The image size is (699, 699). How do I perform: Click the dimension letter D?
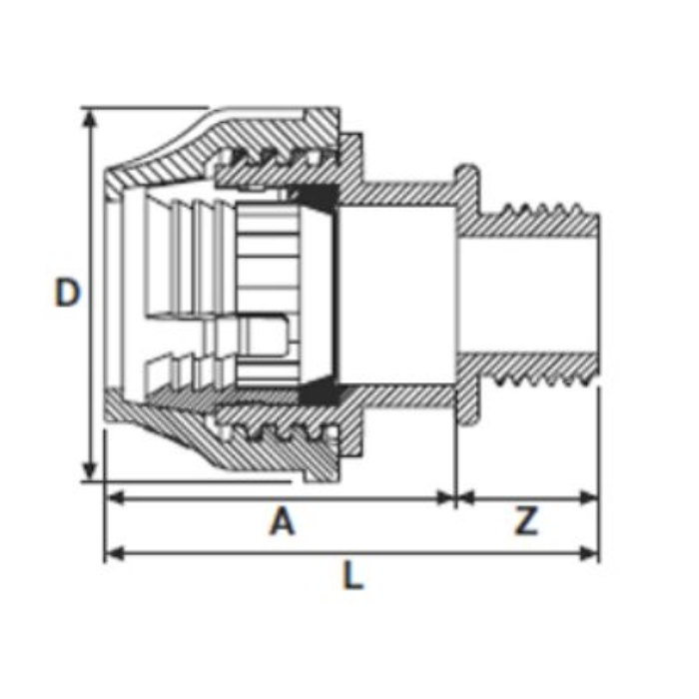(x=67, y=292)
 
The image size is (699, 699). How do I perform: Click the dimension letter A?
(x=283, y=520)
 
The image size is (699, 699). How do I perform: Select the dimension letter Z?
(x=526, y=520)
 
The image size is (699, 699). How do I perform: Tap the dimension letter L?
(x=352, y=575)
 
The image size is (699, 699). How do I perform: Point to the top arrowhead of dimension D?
(x=90, y=119)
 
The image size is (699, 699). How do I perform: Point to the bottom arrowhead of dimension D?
(x=90, y=470)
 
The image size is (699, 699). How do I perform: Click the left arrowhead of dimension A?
(x=115, y=497)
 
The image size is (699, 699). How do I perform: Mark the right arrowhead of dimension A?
(x=446, y=497)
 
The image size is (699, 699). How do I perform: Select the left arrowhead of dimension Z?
(x=466, y=497)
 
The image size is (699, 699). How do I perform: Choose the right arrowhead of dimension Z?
(x=588, y=497)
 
